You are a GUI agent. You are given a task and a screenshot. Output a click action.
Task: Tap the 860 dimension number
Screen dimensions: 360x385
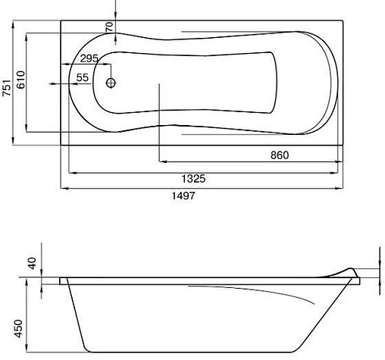click(x=280, y=155)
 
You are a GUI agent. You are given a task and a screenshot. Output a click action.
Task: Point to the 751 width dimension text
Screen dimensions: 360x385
click(x=7, y=90)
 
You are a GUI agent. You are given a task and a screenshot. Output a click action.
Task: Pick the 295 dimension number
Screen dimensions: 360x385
click(x=90, y=58)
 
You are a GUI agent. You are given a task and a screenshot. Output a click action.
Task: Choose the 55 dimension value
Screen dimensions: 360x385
click(x=83, y=77)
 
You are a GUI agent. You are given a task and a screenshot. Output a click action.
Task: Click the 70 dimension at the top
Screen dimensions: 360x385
click(x=109, y=28)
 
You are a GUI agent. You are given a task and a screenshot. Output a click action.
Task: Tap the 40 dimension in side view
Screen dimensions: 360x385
click(x=32, y=265)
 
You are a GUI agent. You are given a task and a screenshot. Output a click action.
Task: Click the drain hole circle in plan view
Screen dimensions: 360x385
click(x=111, y=83)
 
